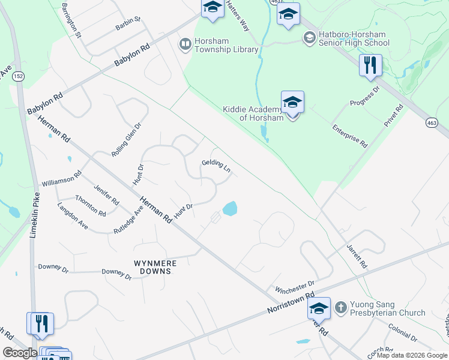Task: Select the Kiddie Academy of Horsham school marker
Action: (292, 103)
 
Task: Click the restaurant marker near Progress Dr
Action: (370, 65)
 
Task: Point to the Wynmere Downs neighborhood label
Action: (153, 267)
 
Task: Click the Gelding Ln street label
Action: (216, 165)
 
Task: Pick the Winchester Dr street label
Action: (295, 286)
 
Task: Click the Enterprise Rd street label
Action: (350, 136)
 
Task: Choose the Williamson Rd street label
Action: (61, 179)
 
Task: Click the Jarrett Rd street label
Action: (357, 256)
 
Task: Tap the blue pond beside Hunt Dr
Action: (229, 209)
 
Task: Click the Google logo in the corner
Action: (20, 353)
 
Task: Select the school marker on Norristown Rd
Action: (319, 309)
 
